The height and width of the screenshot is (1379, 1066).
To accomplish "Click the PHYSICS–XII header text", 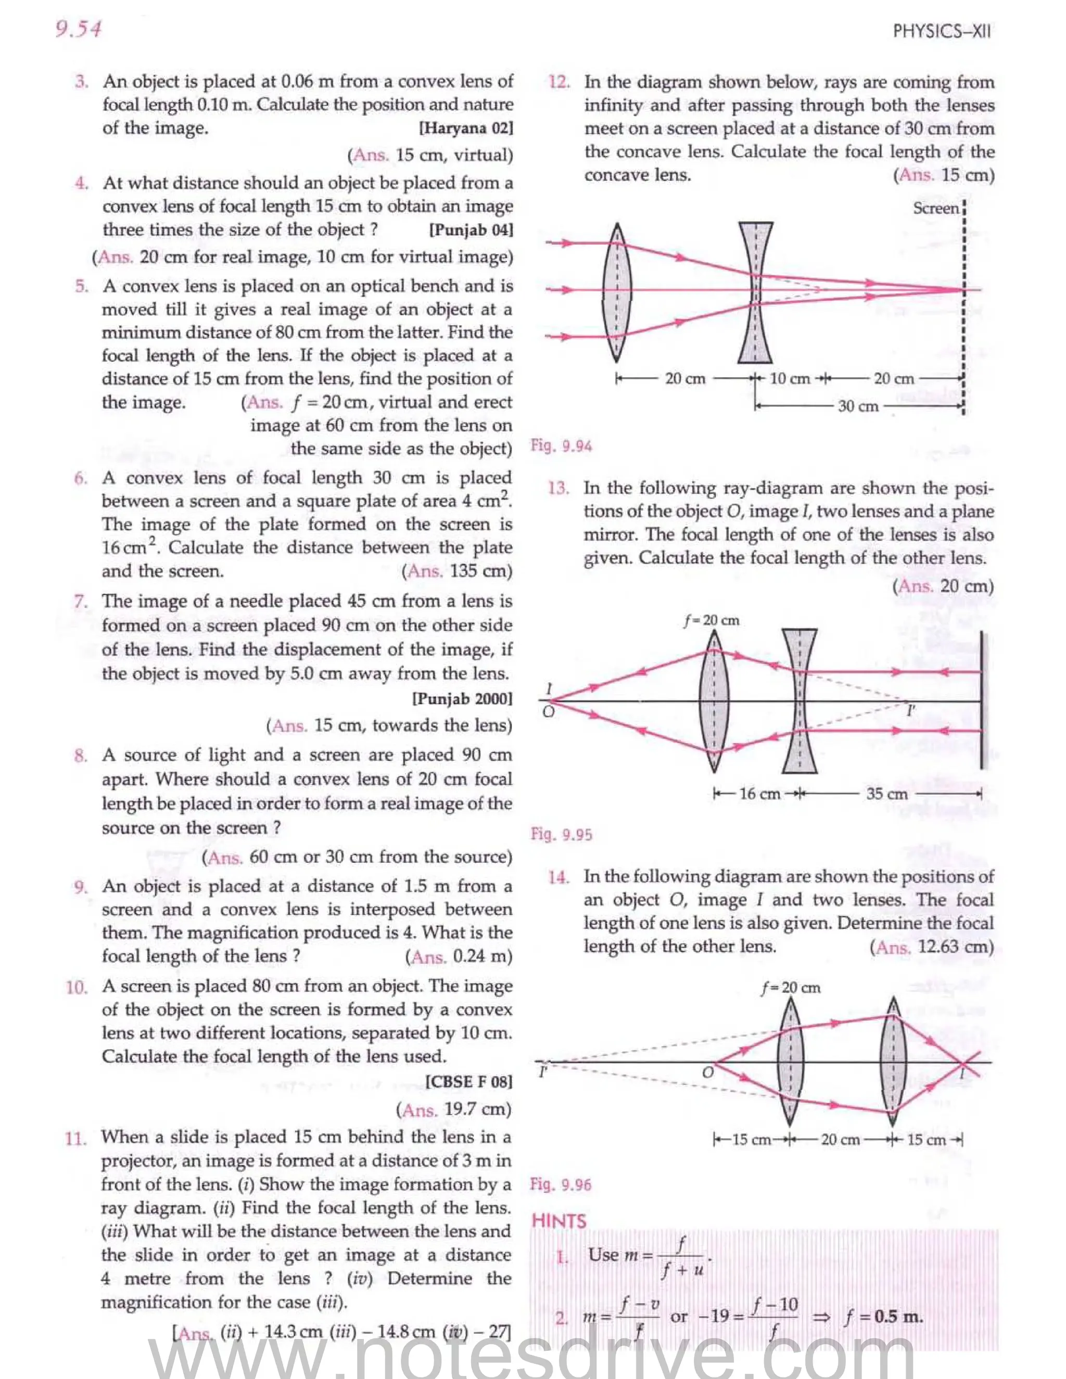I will tap(942, 32).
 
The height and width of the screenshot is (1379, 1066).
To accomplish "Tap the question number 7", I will tap(80, 601).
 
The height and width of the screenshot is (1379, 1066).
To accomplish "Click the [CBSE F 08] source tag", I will tap(468, 1082).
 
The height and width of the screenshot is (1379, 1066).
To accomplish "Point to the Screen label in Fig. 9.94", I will tap(936, 208).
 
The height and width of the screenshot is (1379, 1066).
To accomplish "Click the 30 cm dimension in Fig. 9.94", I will tap(858, 406).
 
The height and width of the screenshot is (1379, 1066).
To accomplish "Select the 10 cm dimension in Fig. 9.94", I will tap(790, 379).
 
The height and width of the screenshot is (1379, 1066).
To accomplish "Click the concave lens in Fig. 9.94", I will tap(755, 292).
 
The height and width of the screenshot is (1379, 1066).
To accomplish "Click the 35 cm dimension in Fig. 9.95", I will tap(886, 794).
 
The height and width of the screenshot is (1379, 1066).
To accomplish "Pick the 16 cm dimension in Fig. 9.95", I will tap(759, 794).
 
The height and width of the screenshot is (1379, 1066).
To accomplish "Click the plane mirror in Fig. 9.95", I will tap(982, 701).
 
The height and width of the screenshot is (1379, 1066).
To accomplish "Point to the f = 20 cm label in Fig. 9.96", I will tap(791, 988).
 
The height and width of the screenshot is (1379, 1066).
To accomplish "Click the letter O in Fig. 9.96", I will tap(708, 1072).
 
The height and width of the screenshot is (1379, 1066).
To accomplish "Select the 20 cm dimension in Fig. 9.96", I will tap(840, 1140).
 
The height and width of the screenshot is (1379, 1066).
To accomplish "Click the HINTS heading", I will tap(559, 1221).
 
